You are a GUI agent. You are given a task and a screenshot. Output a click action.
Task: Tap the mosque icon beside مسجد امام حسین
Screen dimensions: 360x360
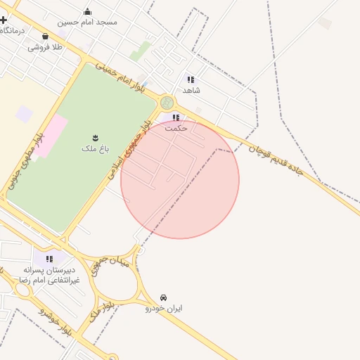click(x=87, y=11)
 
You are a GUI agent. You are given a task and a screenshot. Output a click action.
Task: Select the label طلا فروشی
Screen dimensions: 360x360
click(x=46, y=47)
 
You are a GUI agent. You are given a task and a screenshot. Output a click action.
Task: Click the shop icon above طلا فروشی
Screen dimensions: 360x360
click(x=46, y=36)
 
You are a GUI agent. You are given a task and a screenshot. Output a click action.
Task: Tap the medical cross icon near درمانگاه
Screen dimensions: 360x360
click(x=4, y=20)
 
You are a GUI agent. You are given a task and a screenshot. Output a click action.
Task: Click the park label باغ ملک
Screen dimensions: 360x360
click(x=95, y=148)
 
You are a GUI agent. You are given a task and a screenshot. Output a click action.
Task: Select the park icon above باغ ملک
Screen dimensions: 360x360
click(x=95, y=137)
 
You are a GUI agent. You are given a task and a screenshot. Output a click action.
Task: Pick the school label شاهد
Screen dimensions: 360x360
click(x=191, y=90)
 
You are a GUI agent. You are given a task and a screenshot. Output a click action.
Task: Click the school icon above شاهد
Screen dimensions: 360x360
click(x=191, y=79)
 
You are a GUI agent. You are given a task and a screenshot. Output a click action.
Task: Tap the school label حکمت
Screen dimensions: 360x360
click(x=176, y=129)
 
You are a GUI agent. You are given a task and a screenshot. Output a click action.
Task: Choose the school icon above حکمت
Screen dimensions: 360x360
click(x=176, y=117)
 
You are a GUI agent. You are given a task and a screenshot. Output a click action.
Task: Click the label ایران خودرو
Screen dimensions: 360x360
click(x=164, y=308)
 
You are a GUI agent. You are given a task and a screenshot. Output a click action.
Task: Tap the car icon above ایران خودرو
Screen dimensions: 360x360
click(x=164, y=297)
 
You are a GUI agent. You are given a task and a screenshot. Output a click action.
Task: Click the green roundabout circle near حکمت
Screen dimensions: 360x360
click(x=167, y=103)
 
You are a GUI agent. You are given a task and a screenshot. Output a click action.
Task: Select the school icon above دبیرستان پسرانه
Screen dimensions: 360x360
click(x=47, y=259)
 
